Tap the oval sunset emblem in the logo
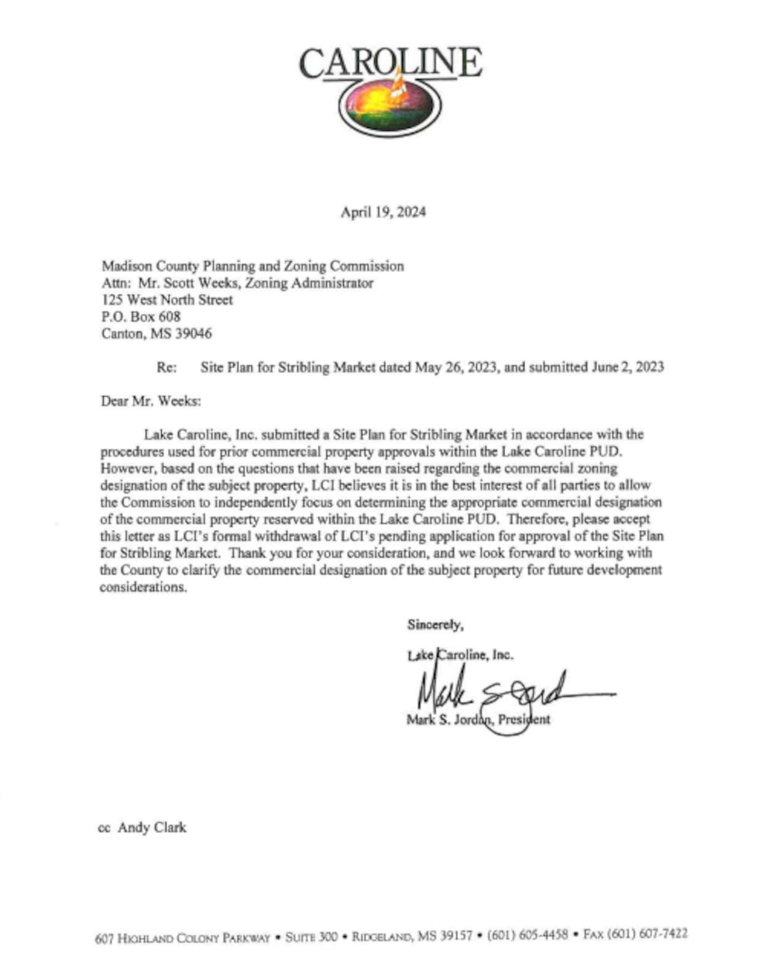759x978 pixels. pos(390,105)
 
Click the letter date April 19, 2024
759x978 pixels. pos(383,212)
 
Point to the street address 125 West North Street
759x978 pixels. pos(167,300)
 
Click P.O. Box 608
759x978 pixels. pos(141,317)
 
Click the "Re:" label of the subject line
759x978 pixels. pos(167,367)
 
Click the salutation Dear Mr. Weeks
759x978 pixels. pos(150,401)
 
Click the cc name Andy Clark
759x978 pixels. pos(152,828)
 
